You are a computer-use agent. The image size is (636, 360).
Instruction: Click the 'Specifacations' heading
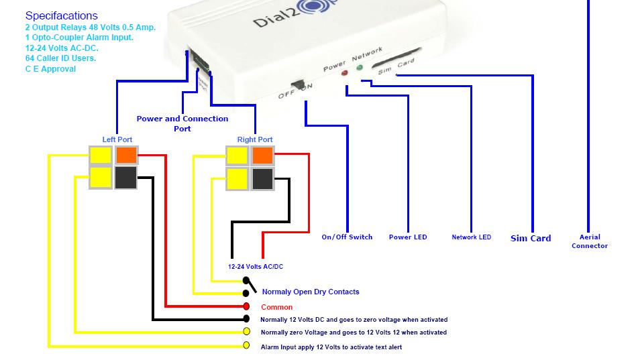pos(61,15)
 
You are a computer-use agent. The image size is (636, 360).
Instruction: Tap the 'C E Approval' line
pos(50,69)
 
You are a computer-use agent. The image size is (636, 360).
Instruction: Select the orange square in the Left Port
pos(126,156)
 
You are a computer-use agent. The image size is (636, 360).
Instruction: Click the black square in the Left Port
pos(126,178)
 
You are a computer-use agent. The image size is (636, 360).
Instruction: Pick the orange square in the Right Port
pos(262,156)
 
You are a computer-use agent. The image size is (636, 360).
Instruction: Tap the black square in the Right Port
pos(262,178)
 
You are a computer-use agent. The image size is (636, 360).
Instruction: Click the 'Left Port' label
pos(117,139)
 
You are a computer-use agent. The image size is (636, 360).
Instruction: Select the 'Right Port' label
pos(255,139)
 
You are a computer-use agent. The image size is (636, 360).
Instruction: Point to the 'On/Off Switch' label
pos(347,237)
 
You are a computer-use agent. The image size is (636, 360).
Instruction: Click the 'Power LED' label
pos(408,237)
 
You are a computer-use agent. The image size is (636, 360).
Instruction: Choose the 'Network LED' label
pos(471,237)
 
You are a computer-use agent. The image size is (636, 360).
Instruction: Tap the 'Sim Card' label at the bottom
pos(531,238)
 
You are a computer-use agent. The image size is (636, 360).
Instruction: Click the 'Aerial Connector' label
pos(589,241)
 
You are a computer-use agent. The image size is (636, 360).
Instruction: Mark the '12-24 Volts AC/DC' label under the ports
pos(256,267)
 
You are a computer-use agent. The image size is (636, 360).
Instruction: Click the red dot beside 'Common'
pos(246,306)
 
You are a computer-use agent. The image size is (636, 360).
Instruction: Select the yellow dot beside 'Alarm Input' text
pos(246,346)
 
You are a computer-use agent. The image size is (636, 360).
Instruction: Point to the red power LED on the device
pos(345,72)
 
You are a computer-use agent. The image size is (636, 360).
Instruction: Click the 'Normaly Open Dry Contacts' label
pos(310,292)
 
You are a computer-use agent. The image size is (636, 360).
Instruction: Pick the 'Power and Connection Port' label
pos(182,123)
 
